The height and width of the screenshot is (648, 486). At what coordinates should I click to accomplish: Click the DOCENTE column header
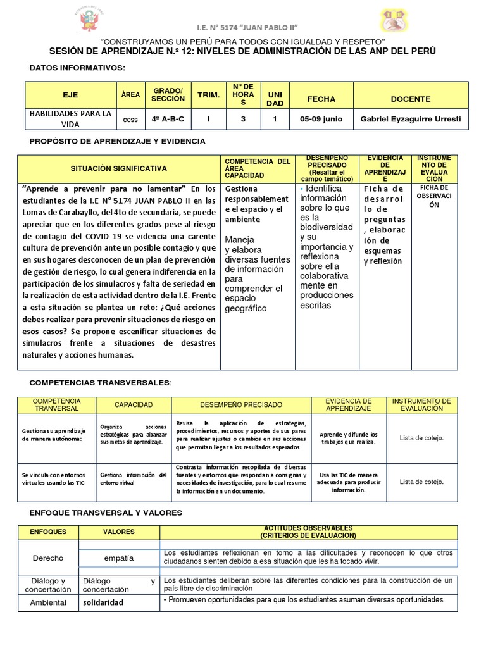tap(410, 99)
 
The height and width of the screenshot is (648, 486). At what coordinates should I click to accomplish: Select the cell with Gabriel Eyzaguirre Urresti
tap(410, 118)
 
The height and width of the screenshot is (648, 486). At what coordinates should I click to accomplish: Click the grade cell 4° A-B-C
tap(168, 118)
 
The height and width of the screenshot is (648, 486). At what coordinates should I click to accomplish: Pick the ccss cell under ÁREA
tap(130, 119)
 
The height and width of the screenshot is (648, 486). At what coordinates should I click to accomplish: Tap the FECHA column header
tap(321, 99)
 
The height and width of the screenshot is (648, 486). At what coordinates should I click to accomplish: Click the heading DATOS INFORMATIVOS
tap(77, 68)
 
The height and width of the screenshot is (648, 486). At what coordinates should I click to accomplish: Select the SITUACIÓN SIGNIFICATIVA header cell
tap(119, 168)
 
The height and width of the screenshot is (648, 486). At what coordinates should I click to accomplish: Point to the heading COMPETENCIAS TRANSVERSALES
tap(101, 383)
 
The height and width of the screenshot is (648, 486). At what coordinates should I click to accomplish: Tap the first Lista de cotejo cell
tap(421, 438)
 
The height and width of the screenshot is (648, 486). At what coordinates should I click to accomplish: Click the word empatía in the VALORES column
tap(119, 558)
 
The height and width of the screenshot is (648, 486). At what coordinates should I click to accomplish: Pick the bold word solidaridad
tap(103, 602)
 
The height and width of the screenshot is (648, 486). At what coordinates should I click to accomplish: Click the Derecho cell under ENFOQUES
tap(48, 558)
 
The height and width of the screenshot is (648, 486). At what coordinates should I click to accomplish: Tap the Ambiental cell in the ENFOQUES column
tap(48, 602)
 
